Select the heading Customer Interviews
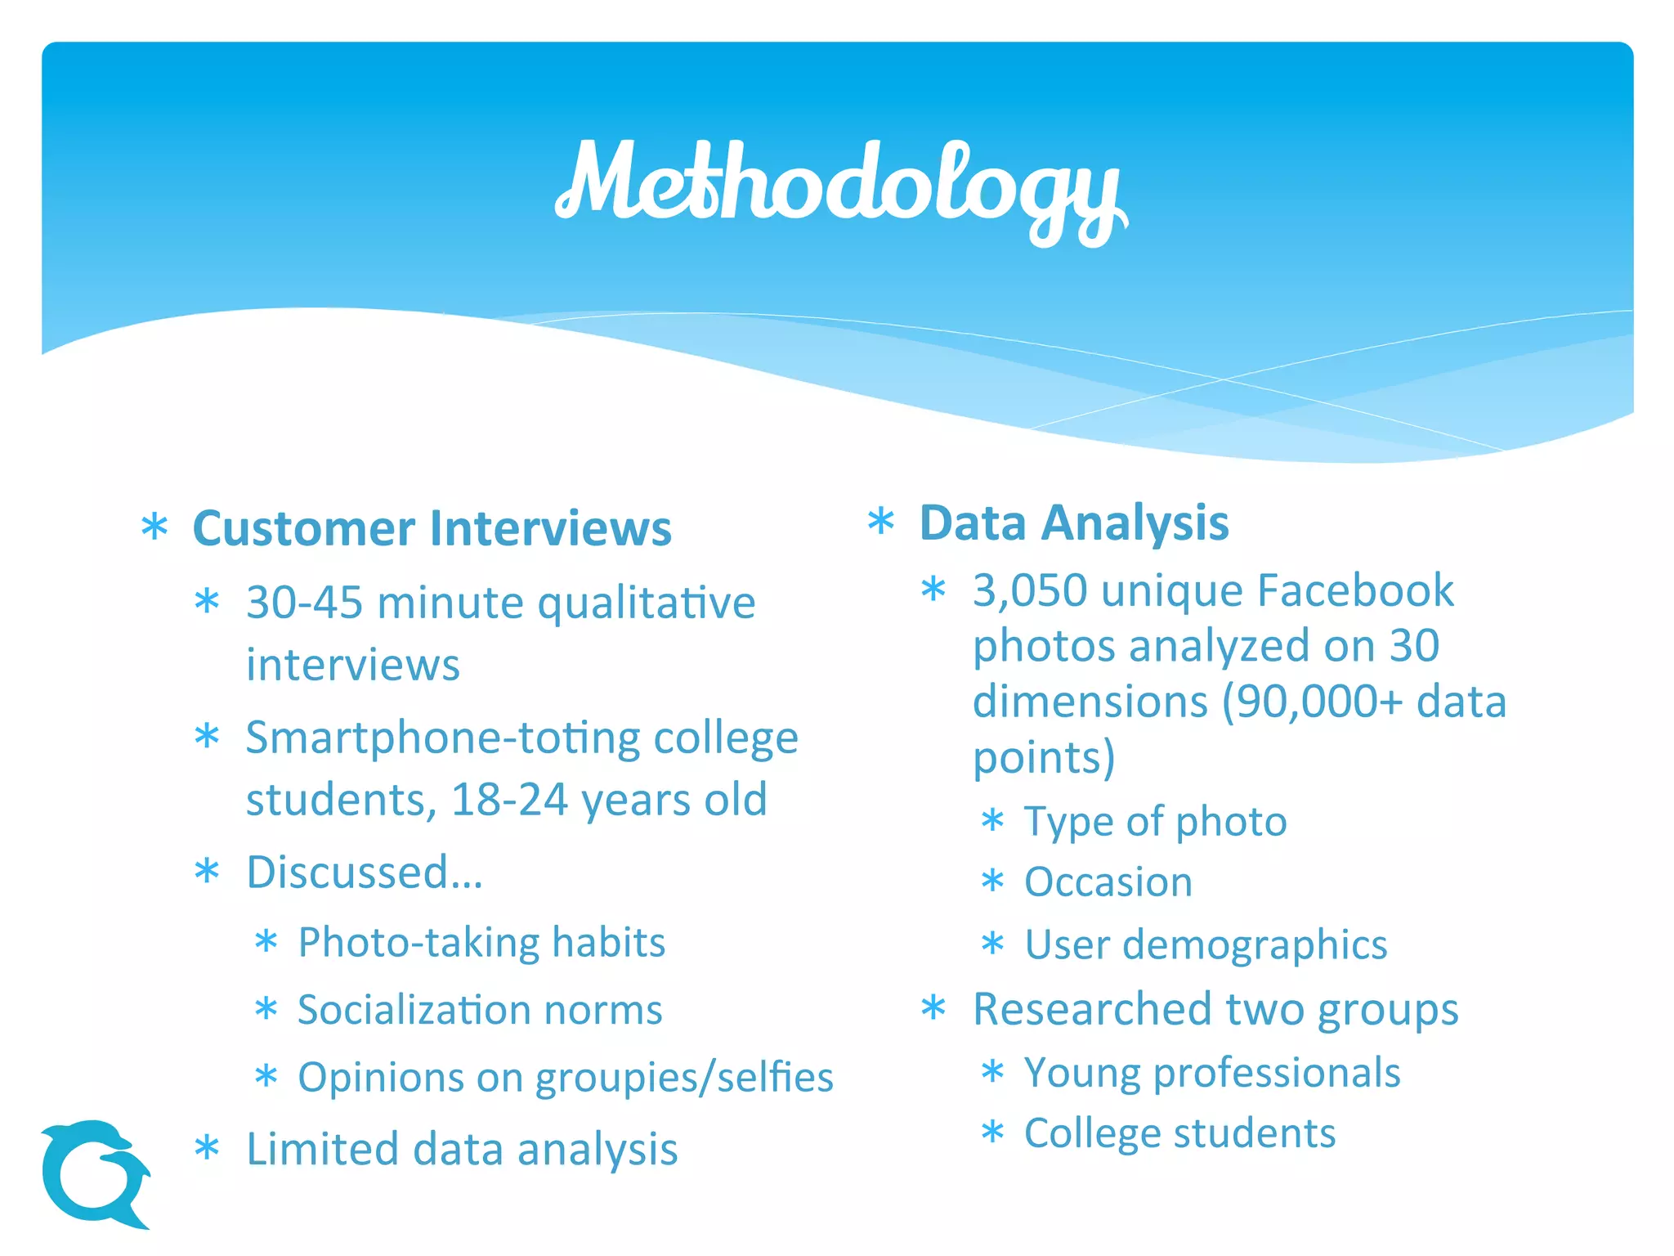[432, 528]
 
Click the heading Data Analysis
[1073, 523]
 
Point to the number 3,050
[1030, 590]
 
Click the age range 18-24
[509, 799]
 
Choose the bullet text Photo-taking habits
[481, 942]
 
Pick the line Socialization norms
[480, 1009]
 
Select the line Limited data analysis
[462, 1149]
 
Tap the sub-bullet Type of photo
[1155, 821]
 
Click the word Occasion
[1108, 882]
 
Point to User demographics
[1206, 944]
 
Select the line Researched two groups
[1215, 1009]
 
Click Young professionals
[1212, 1072]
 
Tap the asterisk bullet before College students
[992, 1133]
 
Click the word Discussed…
[365, 872]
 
